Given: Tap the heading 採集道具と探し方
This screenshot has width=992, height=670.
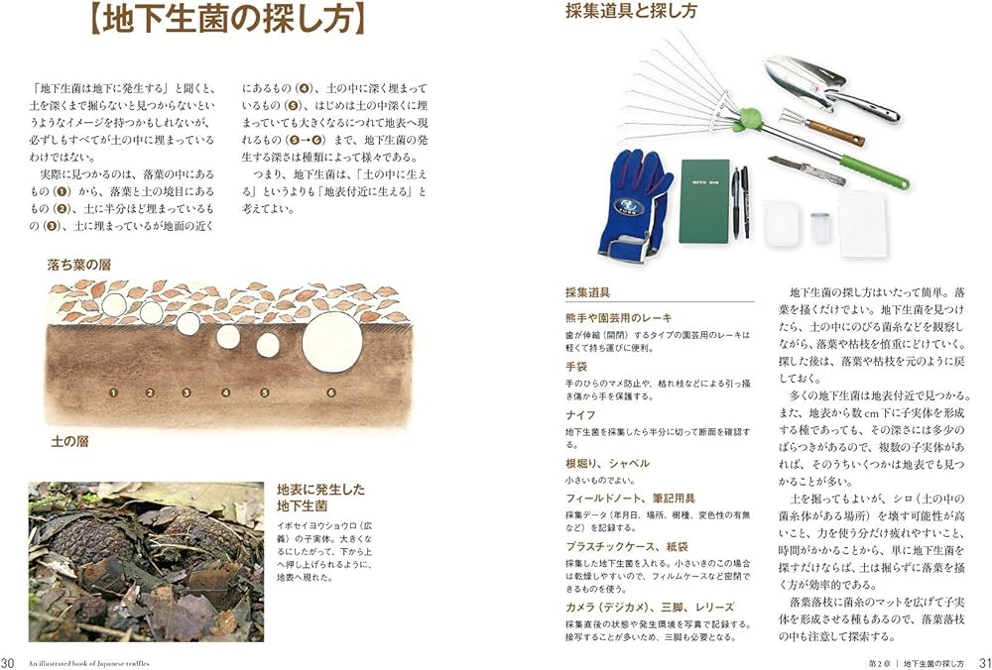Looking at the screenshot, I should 630,12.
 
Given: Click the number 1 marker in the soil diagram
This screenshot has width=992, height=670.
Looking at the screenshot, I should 114,392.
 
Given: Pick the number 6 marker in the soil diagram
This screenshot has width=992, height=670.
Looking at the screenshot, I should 329,392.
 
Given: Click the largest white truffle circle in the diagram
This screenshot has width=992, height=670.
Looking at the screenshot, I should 330,341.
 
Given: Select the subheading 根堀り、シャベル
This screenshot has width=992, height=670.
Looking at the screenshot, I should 607,463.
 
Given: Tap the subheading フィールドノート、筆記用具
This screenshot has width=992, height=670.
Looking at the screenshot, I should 630,498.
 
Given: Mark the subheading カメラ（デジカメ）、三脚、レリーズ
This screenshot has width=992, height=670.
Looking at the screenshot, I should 649,607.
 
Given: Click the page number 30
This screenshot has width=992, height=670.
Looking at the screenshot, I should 10,662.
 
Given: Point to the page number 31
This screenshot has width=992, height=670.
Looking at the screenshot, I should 984,662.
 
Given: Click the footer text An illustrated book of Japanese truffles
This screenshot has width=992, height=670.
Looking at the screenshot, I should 88,662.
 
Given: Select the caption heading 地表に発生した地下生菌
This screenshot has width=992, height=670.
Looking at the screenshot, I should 320,499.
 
